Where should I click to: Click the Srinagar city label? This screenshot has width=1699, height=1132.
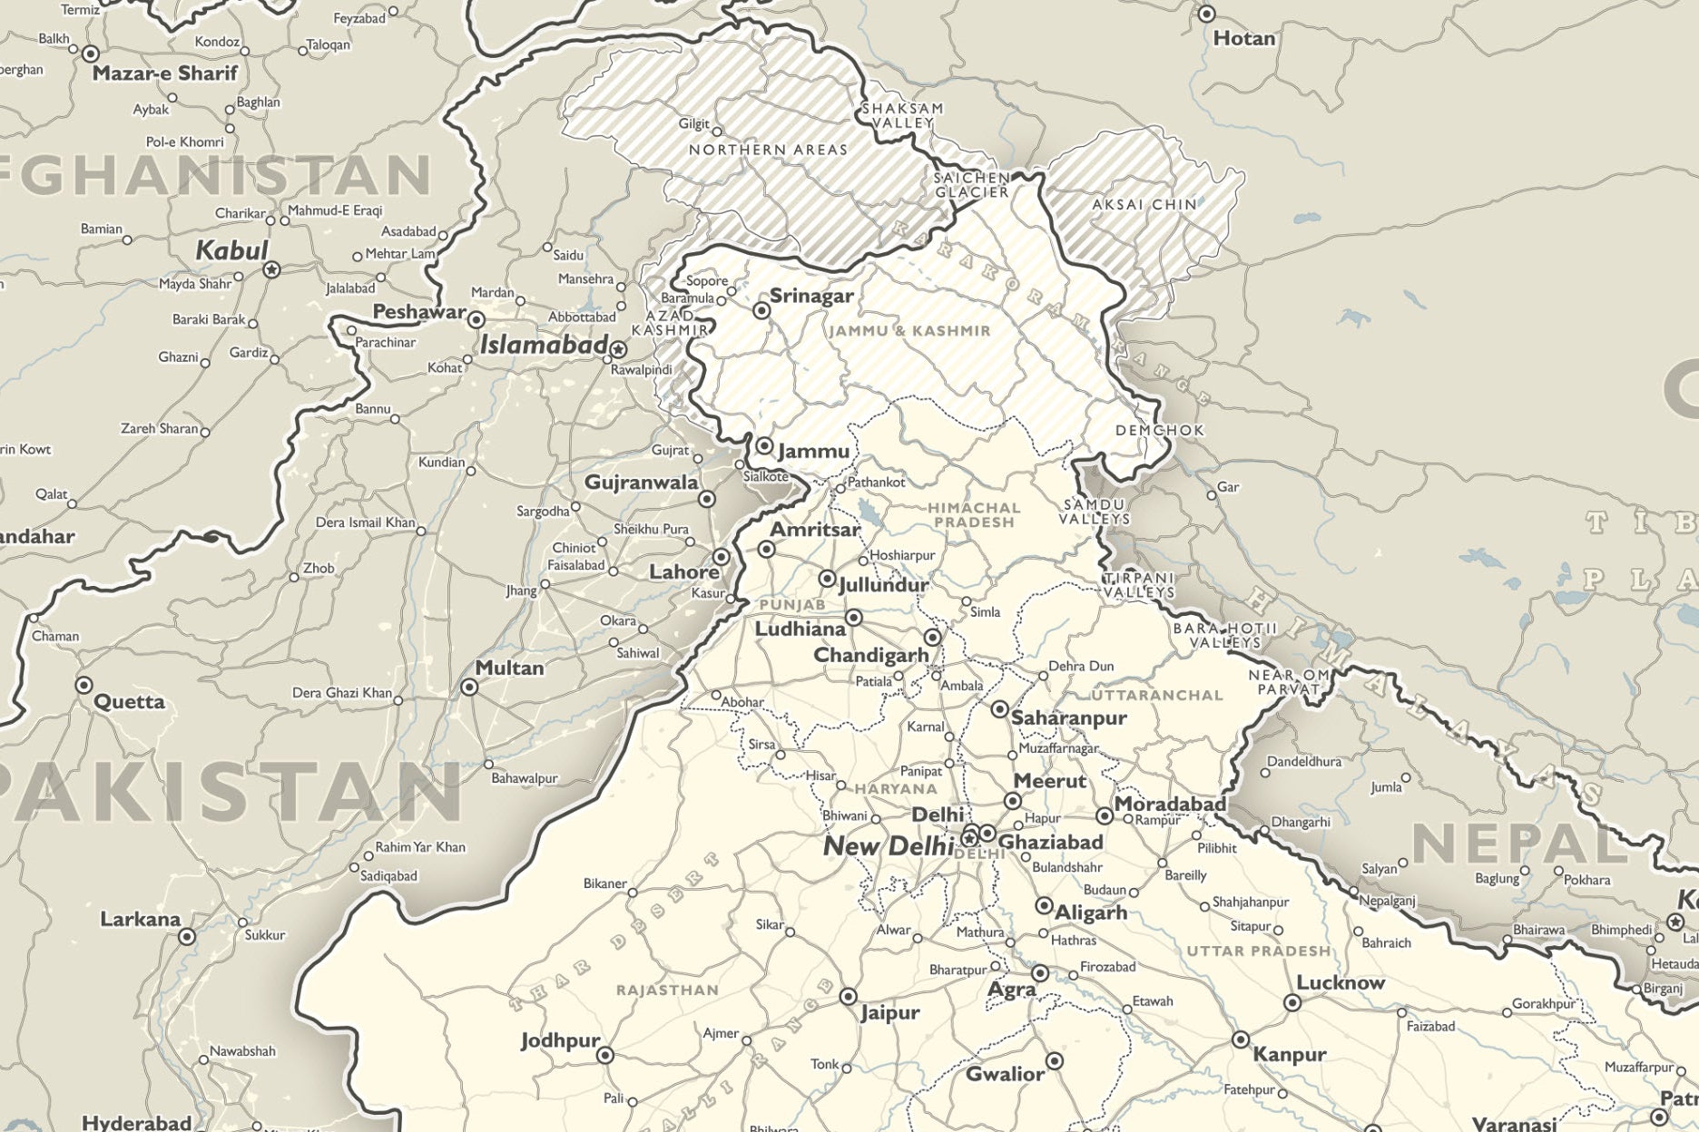[810, 296]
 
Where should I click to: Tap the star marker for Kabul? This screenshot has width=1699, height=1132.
[271, 270]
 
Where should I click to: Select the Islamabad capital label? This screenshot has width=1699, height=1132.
[543, 345]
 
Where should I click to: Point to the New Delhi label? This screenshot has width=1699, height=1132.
[888, 846]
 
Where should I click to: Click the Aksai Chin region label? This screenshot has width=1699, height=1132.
[1144, 205]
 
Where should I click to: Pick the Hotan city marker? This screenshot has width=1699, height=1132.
[1206, 15]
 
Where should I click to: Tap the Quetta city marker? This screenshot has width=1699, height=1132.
[83, 685]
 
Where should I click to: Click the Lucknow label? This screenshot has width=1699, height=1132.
[1341, 982]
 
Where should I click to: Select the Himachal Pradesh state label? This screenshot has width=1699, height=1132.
[974, 515]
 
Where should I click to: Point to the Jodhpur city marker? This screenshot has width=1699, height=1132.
[605, 1056]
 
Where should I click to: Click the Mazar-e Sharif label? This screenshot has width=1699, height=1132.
[164, 73]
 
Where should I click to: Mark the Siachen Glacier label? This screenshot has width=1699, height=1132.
[972, 185]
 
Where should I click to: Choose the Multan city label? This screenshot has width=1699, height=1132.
[509, 668]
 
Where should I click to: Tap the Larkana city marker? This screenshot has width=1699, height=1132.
[187, 937]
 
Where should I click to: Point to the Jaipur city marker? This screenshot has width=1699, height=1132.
[848, 997]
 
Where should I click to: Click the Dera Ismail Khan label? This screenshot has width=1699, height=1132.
[365, 522]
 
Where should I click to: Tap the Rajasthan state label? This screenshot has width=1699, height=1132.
[667, 990]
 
